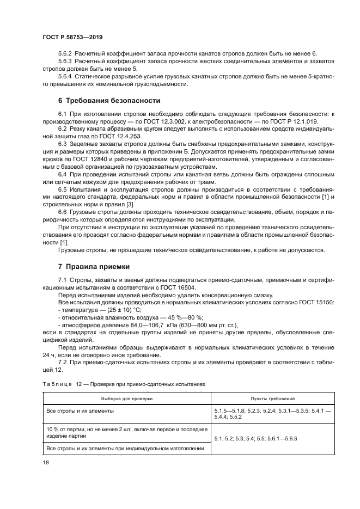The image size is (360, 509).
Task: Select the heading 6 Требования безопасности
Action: click(x=109, y=101)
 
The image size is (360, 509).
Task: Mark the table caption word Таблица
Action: click(x=58, y=384)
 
